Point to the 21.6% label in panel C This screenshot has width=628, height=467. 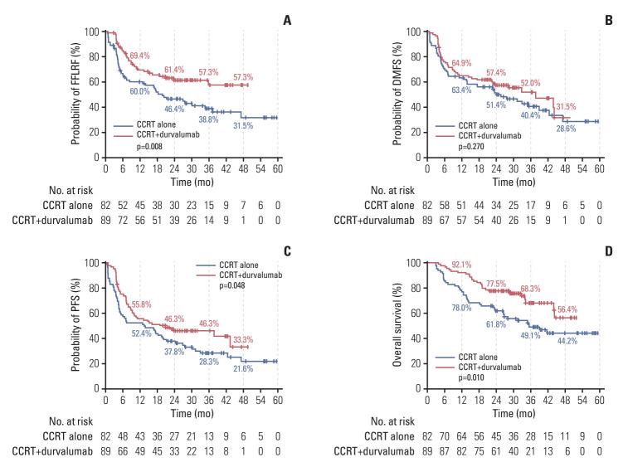(242, 367)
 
